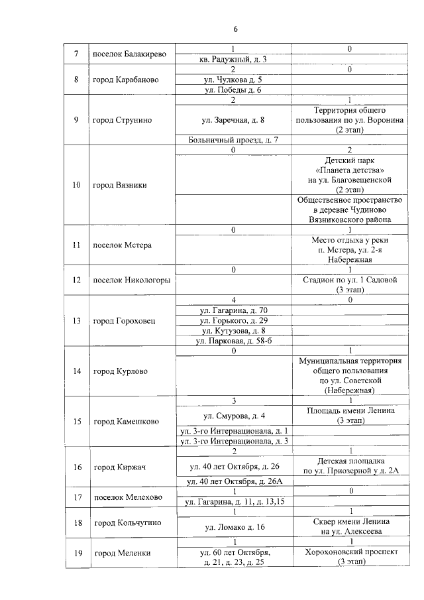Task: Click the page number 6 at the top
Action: tap(235, 29)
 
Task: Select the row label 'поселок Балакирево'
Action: tap(129, 54)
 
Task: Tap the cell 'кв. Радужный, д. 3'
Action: tap(234, 59)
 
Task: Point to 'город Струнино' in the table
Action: tap(123, 120)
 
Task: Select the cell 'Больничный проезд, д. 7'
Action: tap(234, 140)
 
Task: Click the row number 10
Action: tap(77, 185)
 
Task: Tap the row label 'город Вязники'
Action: tap(120, 185)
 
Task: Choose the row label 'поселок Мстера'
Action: tap(123, 245)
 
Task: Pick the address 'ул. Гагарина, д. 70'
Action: tap(234, 310)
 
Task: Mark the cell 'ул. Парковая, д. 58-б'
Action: tap(234, 341)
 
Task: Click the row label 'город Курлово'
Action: tap(120, 371)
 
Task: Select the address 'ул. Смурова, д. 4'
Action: tap(234, 416)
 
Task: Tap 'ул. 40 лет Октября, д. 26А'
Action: tap(234, 481)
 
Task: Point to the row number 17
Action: tap(77, 497)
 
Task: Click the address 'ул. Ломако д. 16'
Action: tap(234, 527)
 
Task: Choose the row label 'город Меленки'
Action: tap(123, 553)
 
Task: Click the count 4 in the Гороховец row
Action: tap(234, 300)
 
